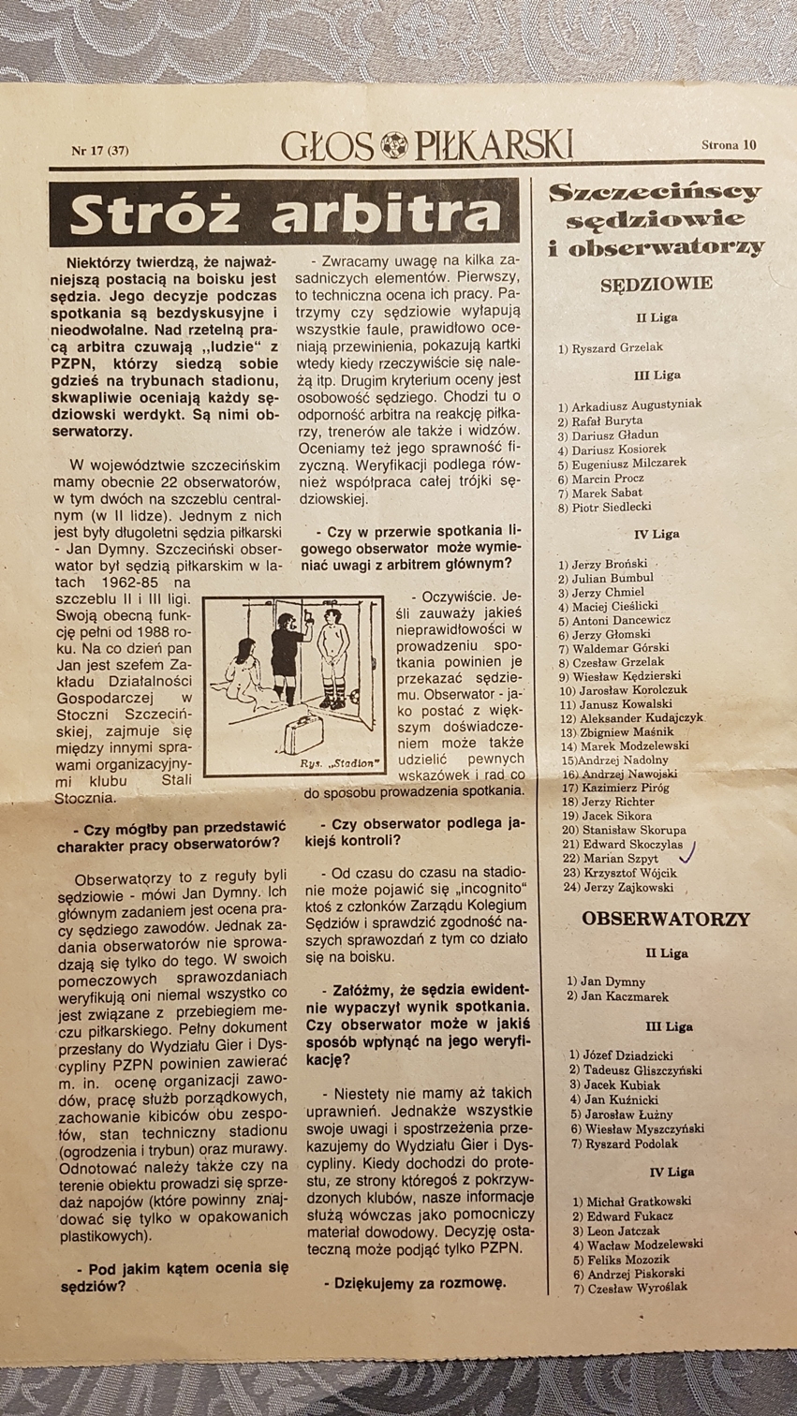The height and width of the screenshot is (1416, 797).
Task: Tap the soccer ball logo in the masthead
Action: [391, 145]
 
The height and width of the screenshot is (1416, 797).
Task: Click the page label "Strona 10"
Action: [729, 144]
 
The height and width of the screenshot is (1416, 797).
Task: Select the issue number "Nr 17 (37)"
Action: [99, 150]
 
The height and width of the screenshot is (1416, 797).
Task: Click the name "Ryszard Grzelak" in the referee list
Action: [616, 347]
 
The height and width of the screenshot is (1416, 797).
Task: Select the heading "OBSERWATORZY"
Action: [666, 919]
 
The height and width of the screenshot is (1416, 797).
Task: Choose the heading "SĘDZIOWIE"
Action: [657, 283]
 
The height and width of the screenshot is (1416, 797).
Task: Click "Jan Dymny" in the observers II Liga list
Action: [613, 981]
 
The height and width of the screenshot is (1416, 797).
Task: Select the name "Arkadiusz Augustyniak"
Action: [636, 406]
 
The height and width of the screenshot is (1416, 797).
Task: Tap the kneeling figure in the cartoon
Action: [242, 668]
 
